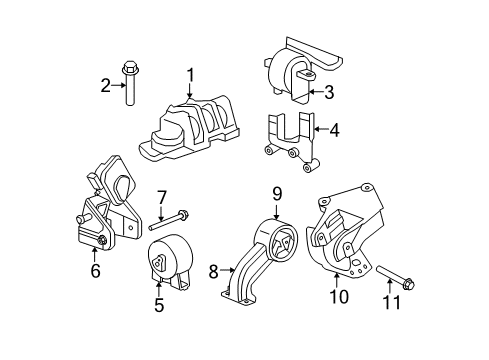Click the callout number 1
pyautogui.click(x=189, y=75)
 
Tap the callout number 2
pyautogui.click(x=104, y=85)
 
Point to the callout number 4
pyautogui.click(x=334, y=129)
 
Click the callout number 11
pyautogui.click(x=391, y=303)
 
